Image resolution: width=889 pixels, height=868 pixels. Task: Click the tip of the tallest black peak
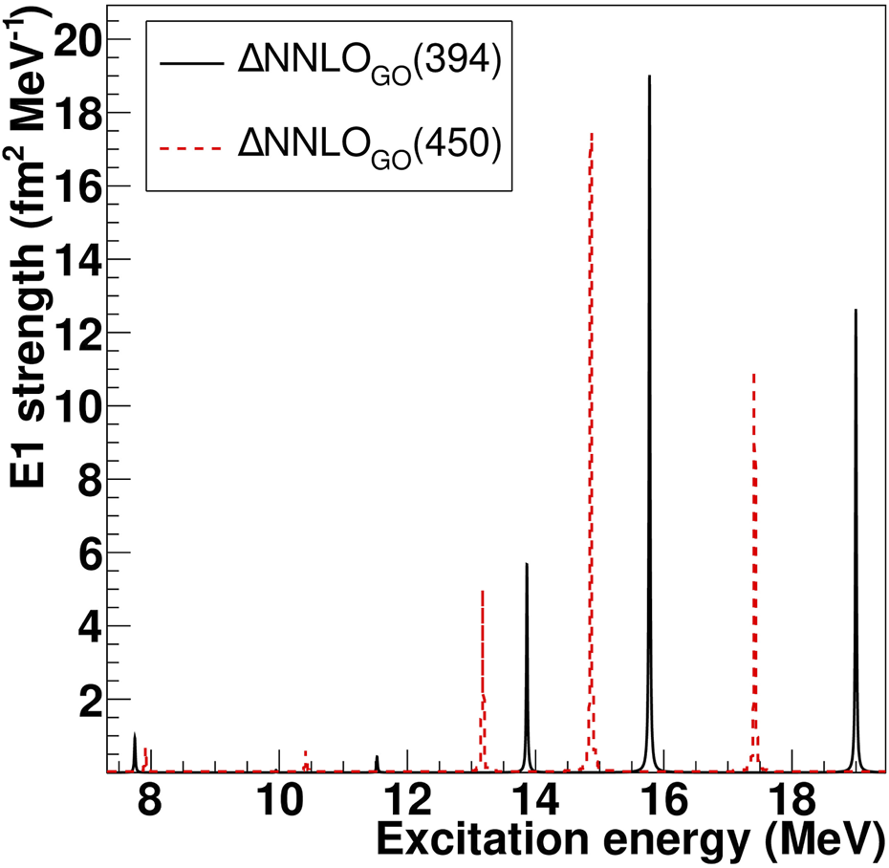pyautogui.click(x=649, y=76)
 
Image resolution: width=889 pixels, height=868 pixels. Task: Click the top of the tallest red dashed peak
pyautogui.click(x=592, y=135)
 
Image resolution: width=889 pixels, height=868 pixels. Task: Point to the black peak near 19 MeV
pyautogui.click(x=856, y=311)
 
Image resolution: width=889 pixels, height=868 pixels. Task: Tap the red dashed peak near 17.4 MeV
pyautogui.click(x=754, y=376)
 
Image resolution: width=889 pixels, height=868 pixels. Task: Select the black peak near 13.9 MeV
pyautogui.click(x=527, y=564)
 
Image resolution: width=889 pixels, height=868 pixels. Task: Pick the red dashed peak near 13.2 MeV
pyautogui.click(x=483, y=592)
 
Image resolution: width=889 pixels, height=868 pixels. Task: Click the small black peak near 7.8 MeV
pyautogui.click(x=135, y=734)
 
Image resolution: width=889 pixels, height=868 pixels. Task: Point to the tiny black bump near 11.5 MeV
pyautogui.click(x=377, y=756)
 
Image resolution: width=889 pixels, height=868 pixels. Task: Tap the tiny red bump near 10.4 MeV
pyautogui.click(x=305, y=753)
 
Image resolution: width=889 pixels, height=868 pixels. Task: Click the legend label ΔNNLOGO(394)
pyautogui.click(x=368, y=68)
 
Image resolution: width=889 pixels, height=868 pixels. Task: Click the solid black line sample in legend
pyautogui.click(x=189, y=64)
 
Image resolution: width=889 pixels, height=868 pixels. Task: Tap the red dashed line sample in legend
pyautogui.click(x=189, y=146)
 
